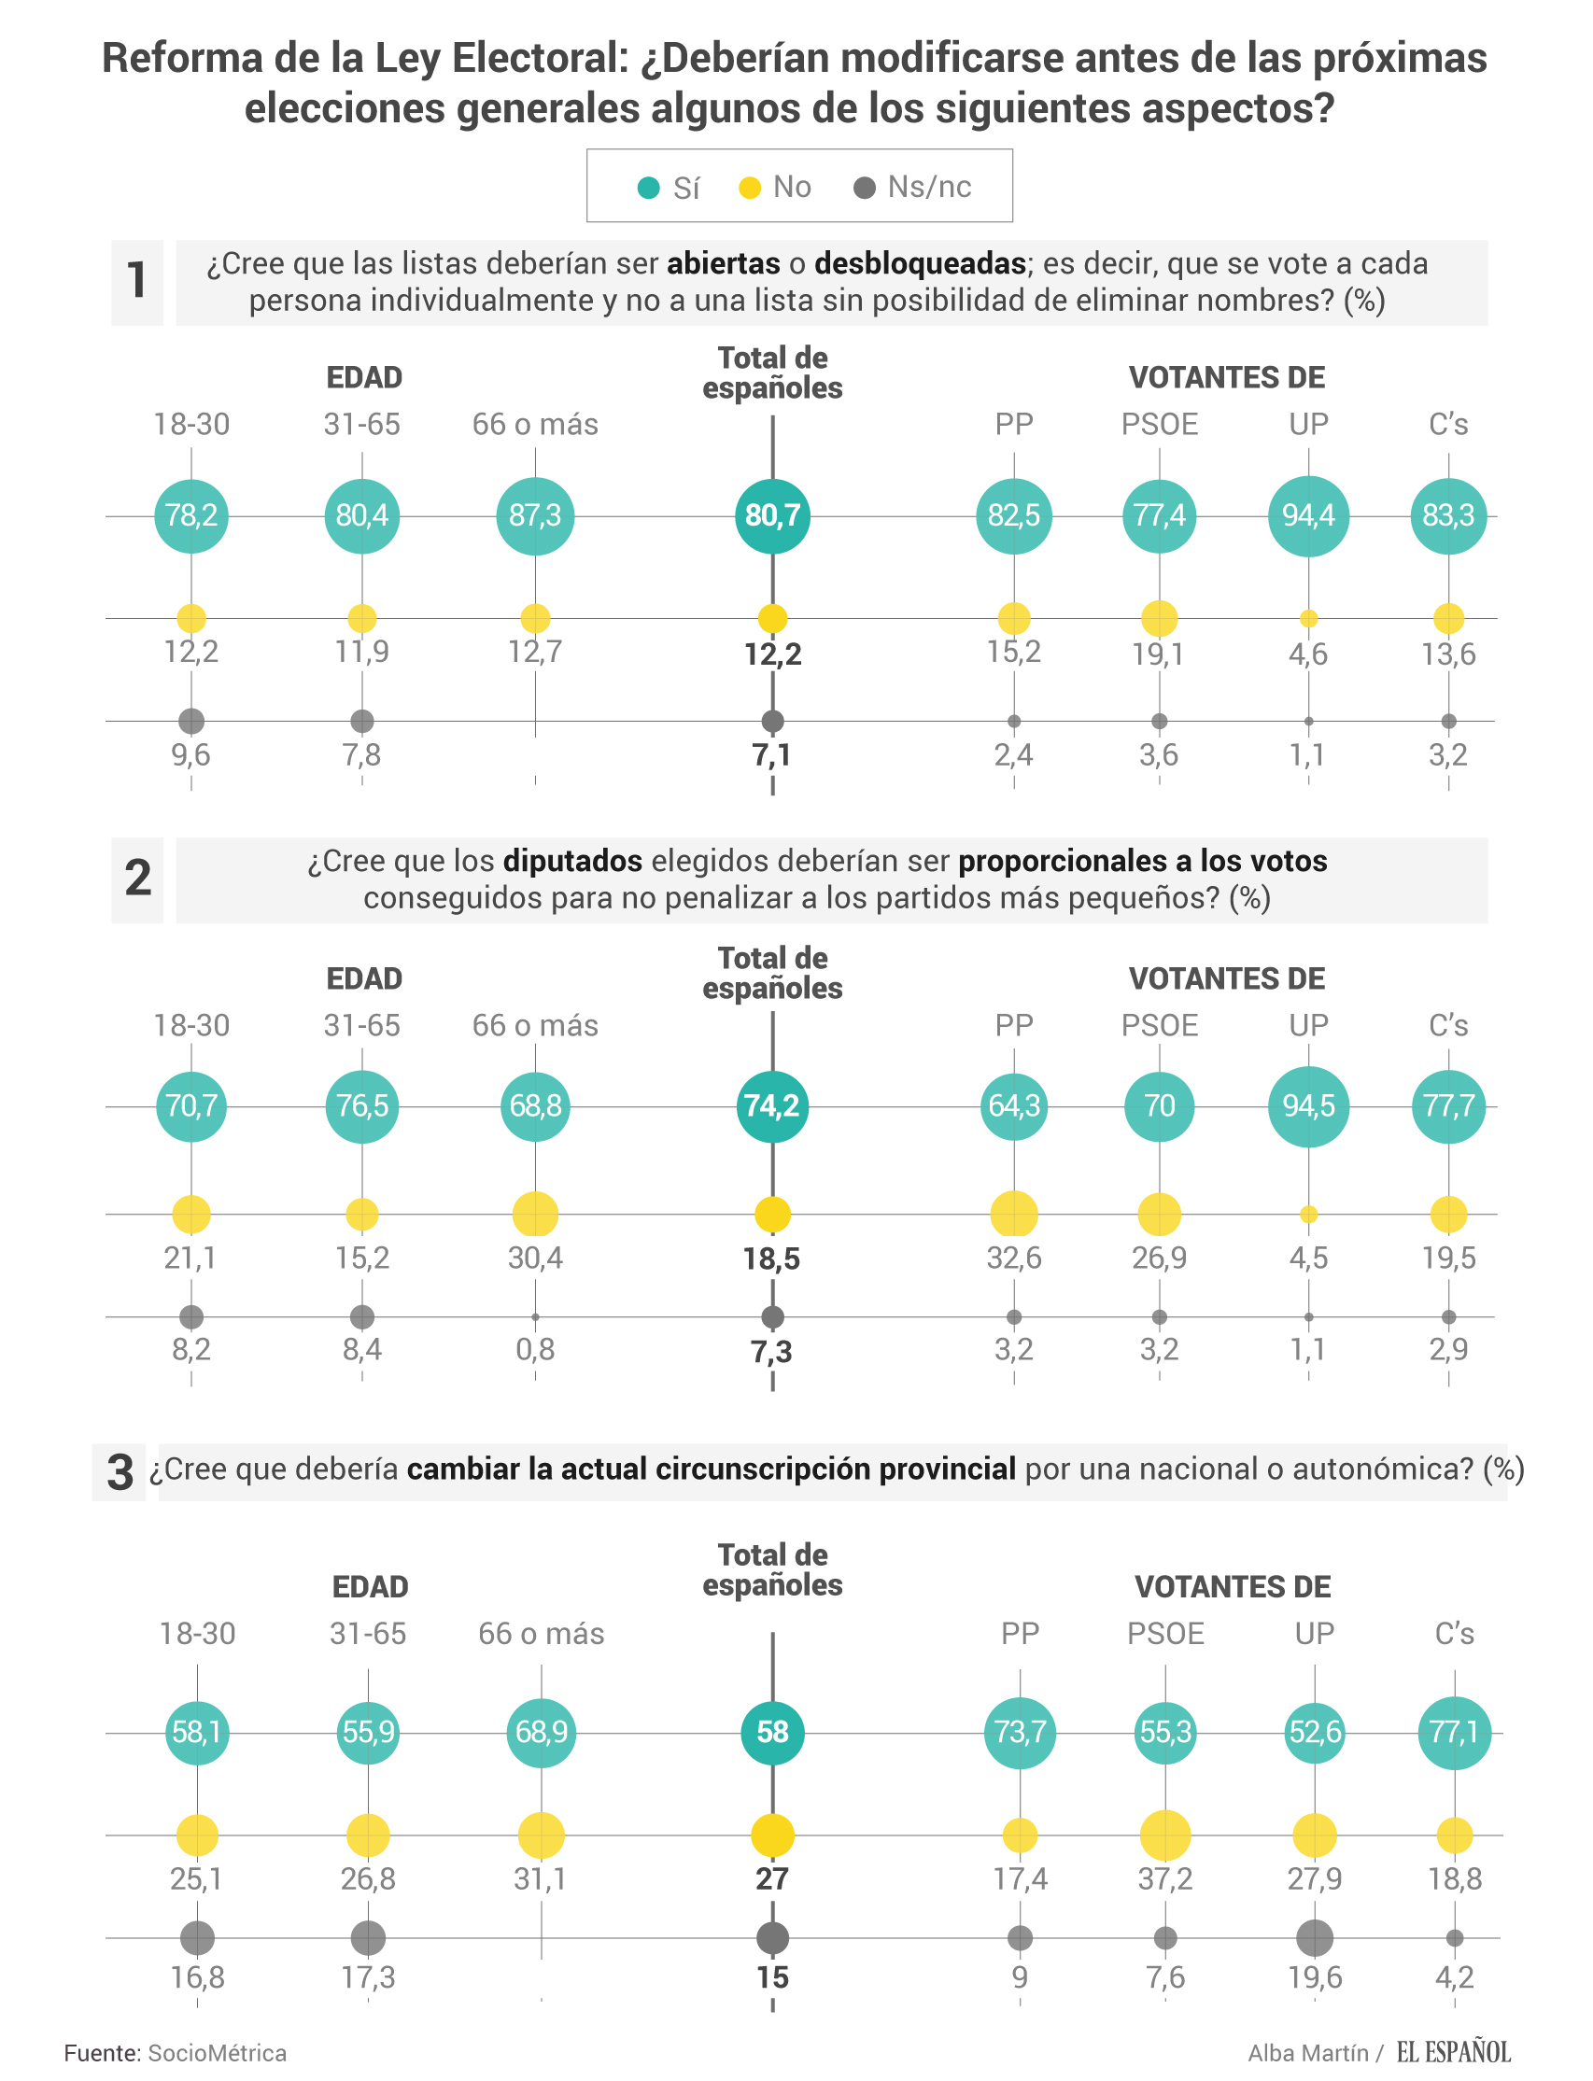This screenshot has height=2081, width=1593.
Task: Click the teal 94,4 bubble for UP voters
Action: (1307, 515)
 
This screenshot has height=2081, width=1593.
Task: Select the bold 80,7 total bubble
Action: (772, 515)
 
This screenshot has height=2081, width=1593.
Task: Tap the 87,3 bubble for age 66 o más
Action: (535, 515)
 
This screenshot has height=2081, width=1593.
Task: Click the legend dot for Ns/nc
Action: (864, 188)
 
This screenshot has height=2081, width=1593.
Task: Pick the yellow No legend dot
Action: (749, 188)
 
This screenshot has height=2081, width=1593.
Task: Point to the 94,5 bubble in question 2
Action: (1307, 1105)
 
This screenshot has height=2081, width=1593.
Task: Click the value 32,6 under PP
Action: (1014, 1258)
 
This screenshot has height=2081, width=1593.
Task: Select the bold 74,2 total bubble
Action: (772, 1105)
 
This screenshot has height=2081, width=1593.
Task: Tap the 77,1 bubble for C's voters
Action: (1454, 1732)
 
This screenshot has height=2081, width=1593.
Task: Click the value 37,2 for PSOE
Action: (1164, 1878)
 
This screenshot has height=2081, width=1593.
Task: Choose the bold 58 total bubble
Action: (772, 1732)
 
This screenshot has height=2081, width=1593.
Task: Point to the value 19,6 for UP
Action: (1314, 1976)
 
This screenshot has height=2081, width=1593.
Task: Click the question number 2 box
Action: (137, 878)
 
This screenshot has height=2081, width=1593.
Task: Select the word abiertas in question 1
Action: (723, 263)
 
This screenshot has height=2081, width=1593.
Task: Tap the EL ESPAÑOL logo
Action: (1453, 2053)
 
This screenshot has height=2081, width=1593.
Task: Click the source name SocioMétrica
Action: (218, 2053)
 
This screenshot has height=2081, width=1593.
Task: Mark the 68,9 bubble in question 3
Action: (541, 1732)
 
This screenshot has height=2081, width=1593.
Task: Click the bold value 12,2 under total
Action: (772, 654)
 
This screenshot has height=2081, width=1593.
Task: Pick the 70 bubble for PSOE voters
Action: (1159, 1105)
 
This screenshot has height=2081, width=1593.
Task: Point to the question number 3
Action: (120, 1471)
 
